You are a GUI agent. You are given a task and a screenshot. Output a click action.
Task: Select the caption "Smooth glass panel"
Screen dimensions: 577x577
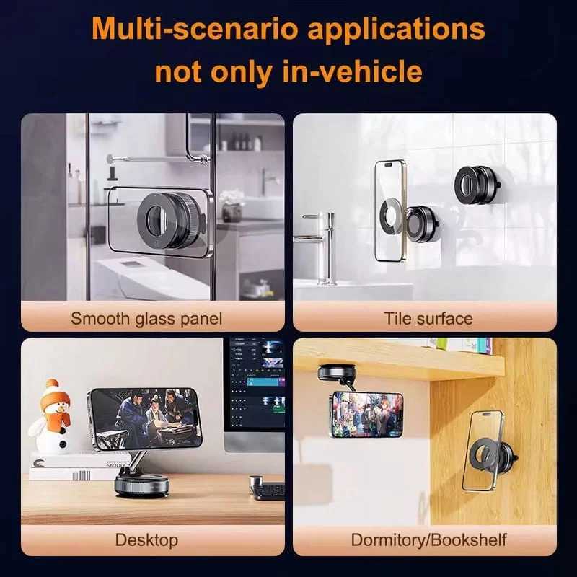[146, 318]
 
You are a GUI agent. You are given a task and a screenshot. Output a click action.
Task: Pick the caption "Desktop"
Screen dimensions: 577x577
[146, 539]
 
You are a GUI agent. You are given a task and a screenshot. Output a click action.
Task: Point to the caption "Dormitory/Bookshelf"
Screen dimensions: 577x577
[428, 539]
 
